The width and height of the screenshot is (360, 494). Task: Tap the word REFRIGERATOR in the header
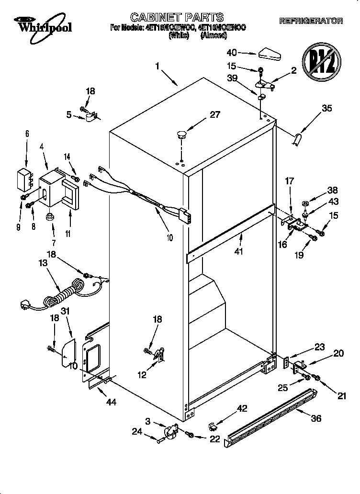[311, 21]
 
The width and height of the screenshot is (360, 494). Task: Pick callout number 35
[326, 108]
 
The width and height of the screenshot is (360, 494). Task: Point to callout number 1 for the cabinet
[157, 67]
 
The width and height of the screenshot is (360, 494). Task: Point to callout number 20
[338, 353]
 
